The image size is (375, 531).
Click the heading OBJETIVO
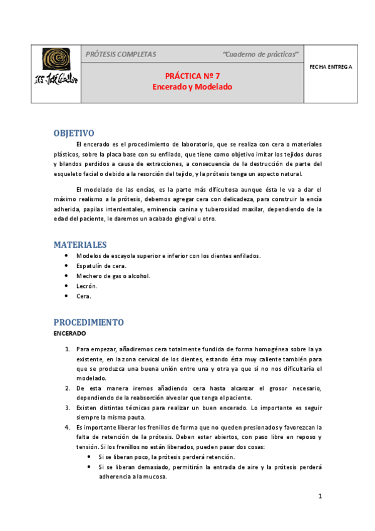pyautogui.click(x=74, y=133)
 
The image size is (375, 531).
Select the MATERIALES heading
pyautogui.click(x=80, y=244)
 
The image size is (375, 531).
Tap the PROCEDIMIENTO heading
pyautogui.click(x=88, y=322)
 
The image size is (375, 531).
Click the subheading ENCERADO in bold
pyautogui.click(x=69, y=334)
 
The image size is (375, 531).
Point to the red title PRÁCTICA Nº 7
pyautogui.click(x=192, y=75)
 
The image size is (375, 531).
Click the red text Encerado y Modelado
pyautogui.click(x=192, y=87)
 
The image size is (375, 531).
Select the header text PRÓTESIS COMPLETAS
pyautogui.click(x=121, y=54)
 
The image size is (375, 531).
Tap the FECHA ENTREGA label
pyautogui.click(x=331, y=66)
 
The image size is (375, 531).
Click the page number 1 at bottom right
pyautogui.click(x=320, y=497)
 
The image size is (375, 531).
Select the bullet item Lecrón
pyautogui.click(x=86, y=286)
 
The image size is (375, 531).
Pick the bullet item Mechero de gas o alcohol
pyautogui.click(x=113, y=276)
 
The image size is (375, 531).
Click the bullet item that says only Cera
pyautogui.click(x=84, y=296)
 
